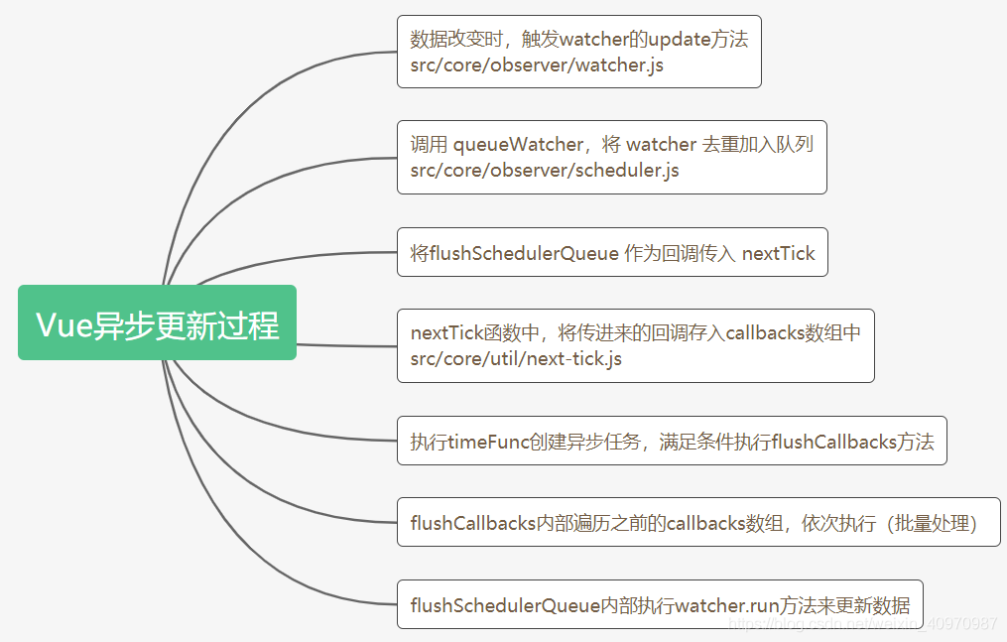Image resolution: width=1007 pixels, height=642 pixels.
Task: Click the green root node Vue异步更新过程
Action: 157,323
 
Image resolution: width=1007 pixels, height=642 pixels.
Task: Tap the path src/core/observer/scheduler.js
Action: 545,170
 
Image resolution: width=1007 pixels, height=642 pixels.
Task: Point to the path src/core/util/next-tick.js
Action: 516,358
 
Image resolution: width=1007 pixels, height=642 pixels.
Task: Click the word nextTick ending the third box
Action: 778,253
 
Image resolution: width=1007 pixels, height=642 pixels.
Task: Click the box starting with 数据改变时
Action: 578,52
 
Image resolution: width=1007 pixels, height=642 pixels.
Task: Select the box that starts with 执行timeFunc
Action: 672,441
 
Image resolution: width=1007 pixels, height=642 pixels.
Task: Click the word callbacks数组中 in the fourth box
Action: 793,333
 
